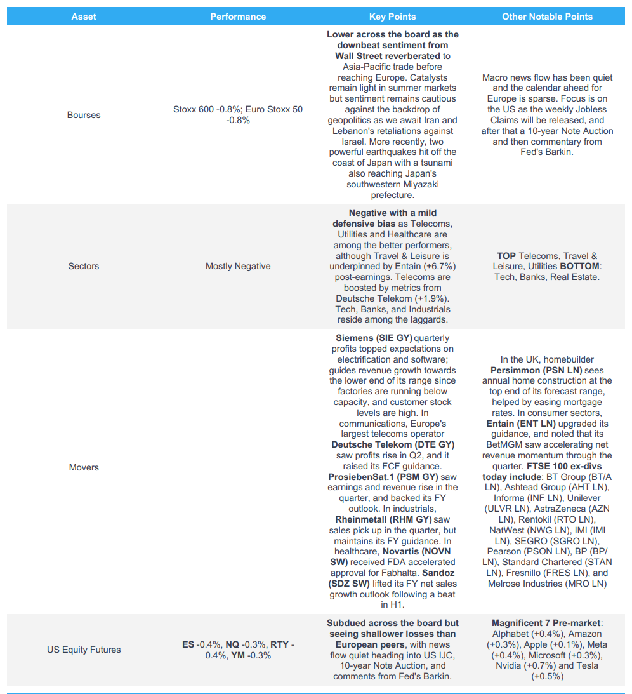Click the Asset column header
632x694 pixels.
[84, 17]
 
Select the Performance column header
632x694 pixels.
[238, 17]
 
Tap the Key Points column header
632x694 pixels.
[393, 17]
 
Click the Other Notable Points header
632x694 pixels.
[547, 17]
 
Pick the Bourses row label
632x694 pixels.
[84, 115]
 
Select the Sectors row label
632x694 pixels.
[84, 266]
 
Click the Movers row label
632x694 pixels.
[84, 467]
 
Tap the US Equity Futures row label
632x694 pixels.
[84, 650]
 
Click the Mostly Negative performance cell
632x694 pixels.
[238, 266]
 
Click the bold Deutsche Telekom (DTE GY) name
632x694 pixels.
[393, 444]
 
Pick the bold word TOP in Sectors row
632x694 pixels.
[506, 256]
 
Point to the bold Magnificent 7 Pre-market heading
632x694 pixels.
[546, 623]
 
